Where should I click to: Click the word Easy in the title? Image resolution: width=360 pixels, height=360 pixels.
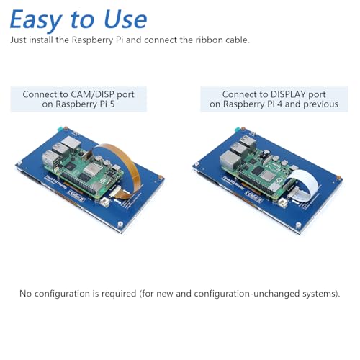pos(36,20)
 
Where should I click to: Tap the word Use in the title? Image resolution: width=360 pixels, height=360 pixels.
pos(125,19)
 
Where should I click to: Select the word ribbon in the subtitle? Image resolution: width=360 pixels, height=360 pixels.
pos(209,40)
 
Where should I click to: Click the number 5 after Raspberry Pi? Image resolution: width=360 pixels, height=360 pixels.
pos(112,104)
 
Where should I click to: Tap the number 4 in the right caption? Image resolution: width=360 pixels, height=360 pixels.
pos(279,104)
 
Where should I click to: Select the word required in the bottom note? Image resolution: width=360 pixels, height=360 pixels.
pos(119,294)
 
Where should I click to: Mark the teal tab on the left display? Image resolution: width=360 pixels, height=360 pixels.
pos(60,129)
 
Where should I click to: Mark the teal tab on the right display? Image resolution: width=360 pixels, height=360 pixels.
pos(238,130)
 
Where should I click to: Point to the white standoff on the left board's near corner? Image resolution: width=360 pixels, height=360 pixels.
pos(120,225)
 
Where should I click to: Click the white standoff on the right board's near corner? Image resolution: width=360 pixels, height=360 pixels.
pos(298,226)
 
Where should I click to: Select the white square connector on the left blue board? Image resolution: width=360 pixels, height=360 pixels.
pos(105,202)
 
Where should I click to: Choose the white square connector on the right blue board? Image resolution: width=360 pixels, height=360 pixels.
pos(283,203)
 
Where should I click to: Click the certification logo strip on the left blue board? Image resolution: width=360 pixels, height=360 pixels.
pos(76,196)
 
